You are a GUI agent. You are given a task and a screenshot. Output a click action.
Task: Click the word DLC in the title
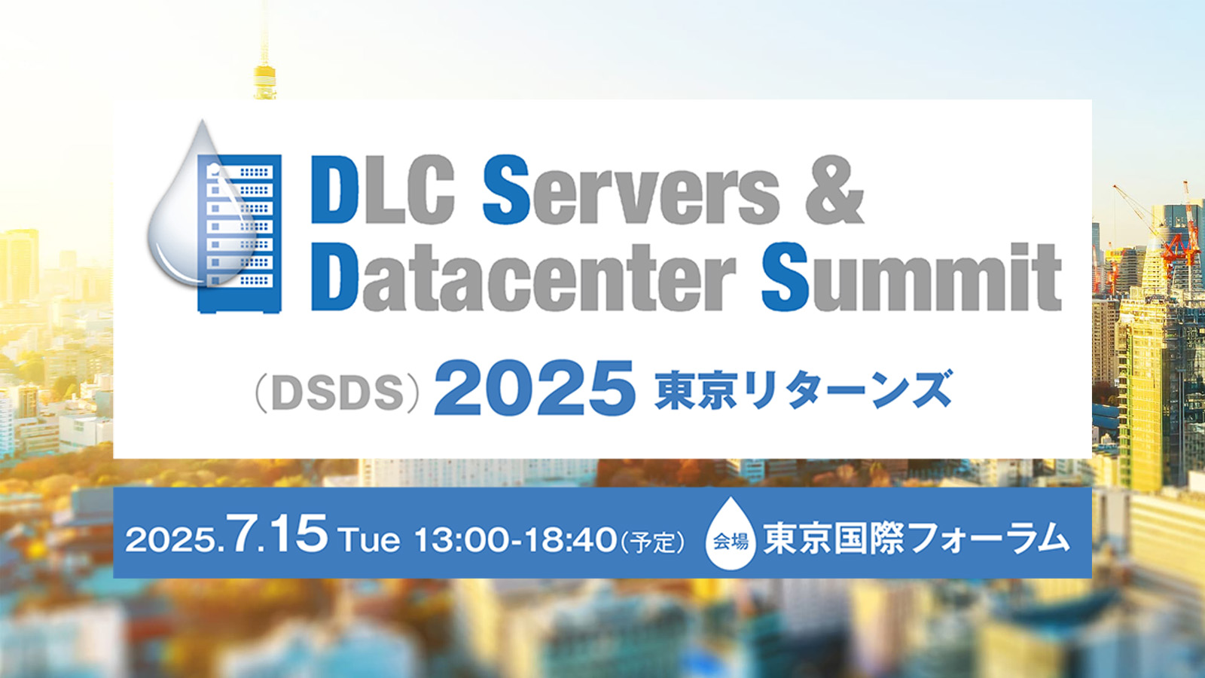point(383,189)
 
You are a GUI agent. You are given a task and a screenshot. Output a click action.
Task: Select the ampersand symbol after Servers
point(834,189)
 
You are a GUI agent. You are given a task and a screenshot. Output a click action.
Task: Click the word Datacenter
point(523,278)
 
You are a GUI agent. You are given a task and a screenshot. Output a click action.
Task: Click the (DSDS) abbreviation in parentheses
point(337,393)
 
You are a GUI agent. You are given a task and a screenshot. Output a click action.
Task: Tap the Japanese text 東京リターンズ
point(803,389)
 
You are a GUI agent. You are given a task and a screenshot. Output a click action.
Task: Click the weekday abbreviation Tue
point(370,540)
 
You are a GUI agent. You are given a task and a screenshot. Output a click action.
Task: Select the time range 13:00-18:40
point(516,539)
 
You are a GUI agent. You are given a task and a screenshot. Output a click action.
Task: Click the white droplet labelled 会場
point(730,533)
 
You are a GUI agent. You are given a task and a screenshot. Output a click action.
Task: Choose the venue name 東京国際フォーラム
point(916,538)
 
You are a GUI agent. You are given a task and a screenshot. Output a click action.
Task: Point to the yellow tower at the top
point(264,53)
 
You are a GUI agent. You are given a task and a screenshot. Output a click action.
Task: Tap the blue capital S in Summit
point(786,276)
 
